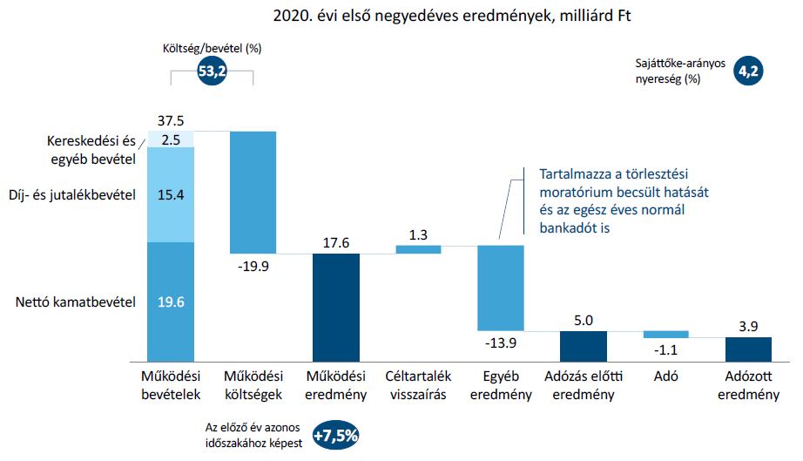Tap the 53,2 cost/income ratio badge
point(213,73)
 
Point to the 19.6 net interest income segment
point(171,302)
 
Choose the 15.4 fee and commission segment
point(171,194)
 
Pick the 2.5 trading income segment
point(171,139)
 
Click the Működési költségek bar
point(253,192)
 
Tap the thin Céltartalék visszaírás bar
point(418,249)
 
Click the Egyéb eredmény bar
point(500,288)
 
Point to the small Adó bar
point(665,334)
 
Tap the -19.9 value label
point(253,264)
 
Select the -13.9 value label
point(500,342)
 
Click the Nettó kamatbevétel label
point(75,302)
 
